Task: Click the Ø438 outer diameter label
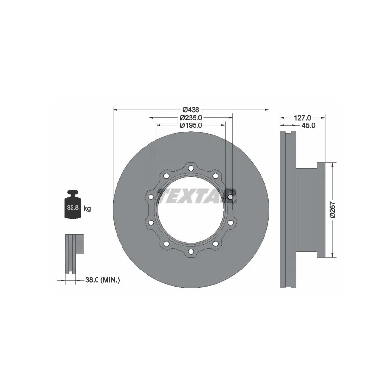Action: tap(191, 109)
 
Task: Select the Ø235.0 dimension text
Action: tap(191, 118)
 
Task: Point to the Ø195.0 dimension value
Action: tap(191, 125)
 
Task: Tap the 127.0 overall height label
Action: tap(303, 118)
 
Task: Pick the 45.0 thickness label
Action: tap(308, 125)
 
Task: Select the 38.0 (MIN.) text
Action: tap(102, 280)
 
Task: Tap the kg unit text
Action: tap(87, 208)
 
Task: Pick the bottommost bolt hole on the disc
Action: tap(191, 252)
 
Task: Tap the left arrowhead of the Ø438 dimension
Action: tap(115, 109)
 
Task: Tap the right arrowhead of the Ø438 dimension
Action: tap(267, 109)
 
